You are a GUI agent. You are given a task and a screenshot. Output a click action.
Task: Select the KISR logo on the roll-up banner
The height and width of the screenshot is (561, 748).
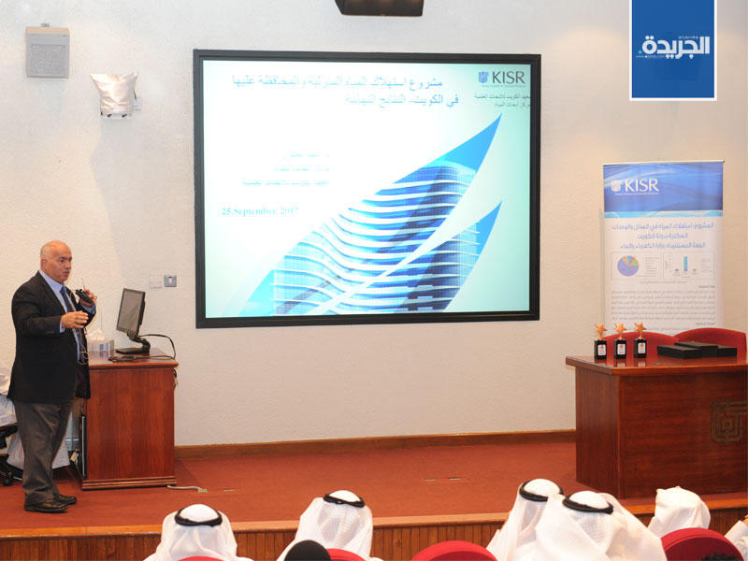click(x=636, y=184)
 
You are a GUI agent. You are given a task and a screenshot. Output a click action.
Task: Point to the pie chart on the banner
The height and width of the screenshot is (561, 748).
click(x=626, y=265)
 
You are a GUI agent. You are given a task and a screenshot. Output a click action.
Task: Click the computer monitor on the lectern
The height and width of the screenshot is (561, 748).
click(x=131, y=316)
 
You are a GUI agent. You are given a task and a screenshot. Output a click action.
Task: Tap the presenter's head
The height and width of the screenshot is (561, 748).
click(x=56, y=263)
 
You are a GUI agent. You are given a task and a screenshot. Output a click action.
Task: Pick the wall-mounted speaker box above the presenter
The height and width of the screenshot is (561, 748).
click(x=48, y=51)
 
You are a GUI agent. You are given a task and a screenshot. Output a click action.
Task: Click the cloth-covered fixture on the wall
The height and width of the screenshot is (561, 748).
click(x=114, y=93)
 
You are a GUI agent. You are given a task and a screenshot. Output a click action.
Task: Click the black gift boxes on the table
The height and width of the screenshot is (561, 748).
click(x=696, y=349)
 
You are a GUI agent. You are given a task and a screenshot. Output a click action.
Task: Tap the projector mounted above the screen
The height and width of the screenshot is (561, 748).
click(x=379, y=7)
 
